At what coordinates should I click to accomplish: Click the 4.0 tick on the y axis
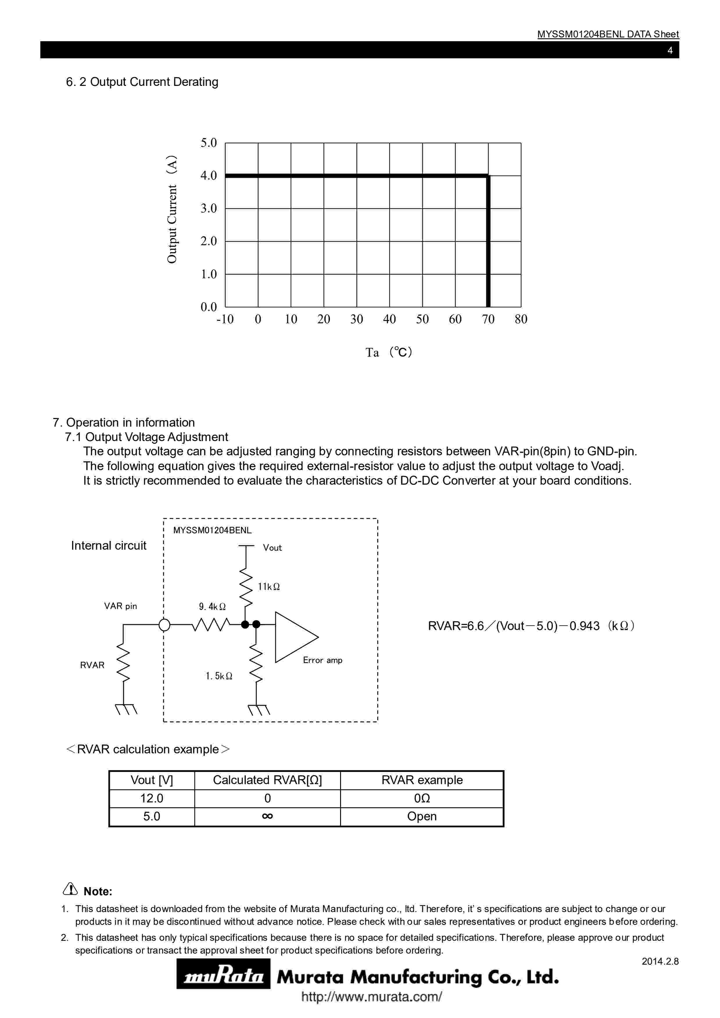(x=209, y=176)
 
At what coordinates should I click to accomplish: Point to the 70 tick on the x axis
(x=488, y=319)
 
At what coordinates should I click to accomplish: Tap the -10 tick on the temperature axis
(x=225, y=319)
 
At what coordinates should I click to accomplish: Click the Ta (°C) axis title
(x=389, y=353)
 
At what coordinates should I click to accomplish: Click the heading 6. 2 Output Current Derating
(x=142, y=82)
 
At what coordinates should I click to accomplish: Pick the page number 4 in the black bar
(x=670, y=50)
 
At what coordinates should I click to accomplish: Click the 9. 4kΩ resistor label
(x=212, y=607)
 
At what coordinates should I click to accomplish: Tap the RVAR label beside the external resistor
(x=92, y=665)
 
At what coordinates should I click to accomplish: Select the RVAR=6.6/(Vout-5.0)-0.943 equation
(x=531, y=626)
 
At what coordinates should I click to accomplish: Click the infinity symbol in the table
(x=267, y=816)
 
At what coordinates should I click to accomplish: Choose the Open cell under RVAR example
(x=422, y=816)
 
